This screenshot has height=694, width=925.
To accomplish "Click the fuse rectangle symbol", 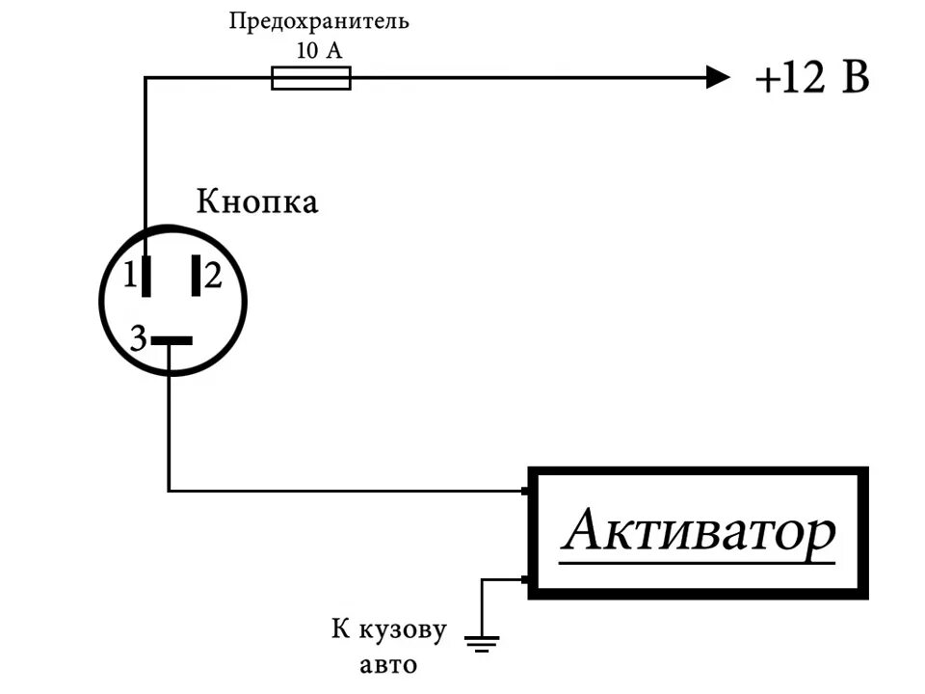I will (x=310, y=78).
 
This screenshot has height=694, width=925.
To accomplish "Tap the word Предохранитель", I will (x=318, y=21).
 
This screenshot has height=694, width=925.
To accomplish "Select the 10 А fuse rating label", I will (x=319, y=49).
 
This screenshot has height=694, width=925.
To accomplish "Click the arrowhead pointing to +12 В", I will (x=718, y=77).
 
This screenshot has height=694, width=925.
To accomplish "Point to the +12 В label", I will (x=812, y=78).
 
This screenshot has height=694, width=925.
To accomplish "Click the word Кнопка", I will (x=256, y=202).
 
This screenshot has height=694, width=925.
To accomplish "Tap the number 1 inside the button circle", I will (x=129, y=278).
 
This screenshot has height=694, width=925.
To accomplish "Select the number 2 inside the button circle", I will (x=213, y=278).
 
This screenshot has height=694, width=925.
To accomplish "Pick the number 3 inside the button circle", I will (x=138, y=339).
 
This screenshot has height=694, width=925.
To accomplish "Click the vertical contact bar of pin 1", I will (x=145, y=277).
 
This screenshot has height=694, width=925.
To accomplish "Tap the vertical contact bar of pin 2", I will (x=196, y=277).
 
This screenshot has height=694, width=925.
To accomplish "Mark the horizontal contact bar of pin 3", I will (x=172, y=340).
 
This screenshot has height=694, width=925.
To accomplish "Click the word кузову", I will (x=405, y=630).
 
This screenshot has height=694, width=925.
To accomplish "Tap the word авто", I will (x=389, y=664).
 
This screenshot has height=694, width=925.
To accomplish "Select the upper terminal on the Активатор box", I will (x=526, y=492).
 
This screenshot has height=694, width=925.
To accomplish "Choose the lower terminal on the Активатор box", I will (x=526, y=579).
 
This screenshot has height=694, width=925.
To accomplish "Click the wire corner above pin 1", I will (x=145, y=78).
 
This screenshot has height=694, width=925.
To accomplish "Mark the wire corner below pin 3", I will (x=170, y=491).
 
